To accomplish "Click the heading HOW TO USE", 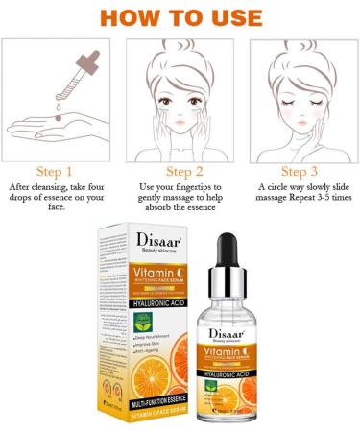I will click(x=180, y=17).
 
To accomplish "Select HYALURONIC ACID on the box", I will click(x=158, y=303).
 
